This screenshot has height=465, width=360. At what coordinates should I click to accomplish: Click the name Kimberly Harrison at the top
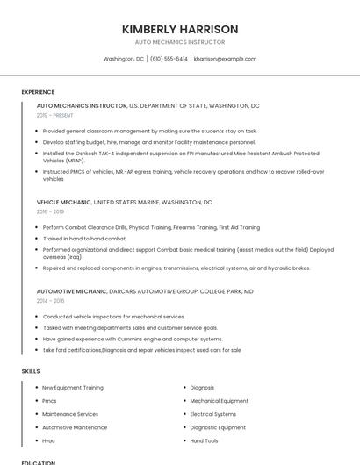pos(180,29)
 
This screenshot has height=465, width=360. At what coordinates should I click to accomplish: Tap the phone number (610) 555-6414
pos(169,59)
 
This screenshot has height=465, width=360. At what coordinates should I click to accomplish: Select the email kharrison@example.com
pos(225,59)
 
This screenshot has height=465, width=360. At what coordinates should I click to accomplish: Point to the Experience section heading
pos(38,92)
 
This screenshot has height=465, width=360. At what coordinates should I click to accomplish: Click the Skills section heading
pos(31,371)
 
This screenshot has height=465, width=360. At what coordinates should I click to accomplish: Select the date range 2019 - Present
pos(54,115)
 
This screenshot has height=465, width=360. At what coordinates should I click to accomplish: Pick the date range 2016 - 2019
pos(50,211)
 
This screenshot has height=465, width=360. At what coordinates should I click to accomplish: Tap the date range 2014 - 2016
pos(50,300)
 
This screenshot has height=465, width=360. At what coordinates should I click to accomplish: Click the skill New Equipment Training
pos(73,387)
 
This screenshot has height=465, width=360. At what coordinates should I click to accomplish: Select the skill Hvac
pos(49,440)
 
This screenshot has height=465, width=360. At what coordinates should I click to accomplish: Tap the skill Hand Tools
pos(205,440)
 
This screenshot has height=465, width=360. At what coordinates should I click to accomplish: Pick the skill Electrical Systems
pos(213,414)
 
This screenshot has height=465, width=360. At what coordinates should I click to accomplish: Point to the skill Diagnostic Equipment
pos(219,427)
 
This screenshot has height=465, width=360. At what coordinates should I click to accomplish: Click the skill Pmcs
pos(49,400)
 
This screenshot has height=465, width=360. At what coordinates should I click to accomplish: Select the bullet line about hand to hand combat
pos(84,238)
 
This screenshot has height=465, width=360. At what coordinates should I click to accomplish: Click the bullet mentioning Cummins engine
pos(133,339)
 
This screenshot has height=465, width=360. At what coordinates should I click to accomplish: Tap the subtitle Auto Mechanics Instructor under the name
pos(180,42)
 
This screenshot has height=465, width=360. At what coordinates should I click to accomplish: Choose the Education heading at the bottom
pos(39,461)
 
